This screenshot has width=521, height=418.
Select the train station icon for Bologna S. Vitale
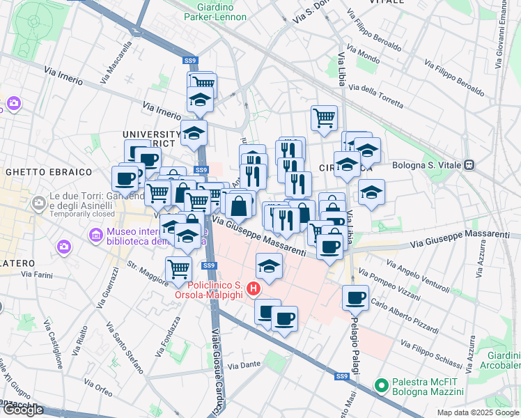(x=470, y=165)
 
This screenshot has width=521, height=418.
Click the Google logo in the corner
(x=22, y=410)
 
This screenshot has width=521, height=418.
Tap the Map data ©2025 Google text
(x=478, y=412)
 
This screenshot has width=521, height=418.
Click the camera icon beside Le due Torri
(x=39, y=203)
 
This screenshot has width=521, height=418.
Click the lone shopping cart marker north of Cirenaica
(x=324, y=118)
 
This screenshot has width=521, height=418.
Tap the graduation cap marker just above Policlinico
(x=269, y=265)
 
